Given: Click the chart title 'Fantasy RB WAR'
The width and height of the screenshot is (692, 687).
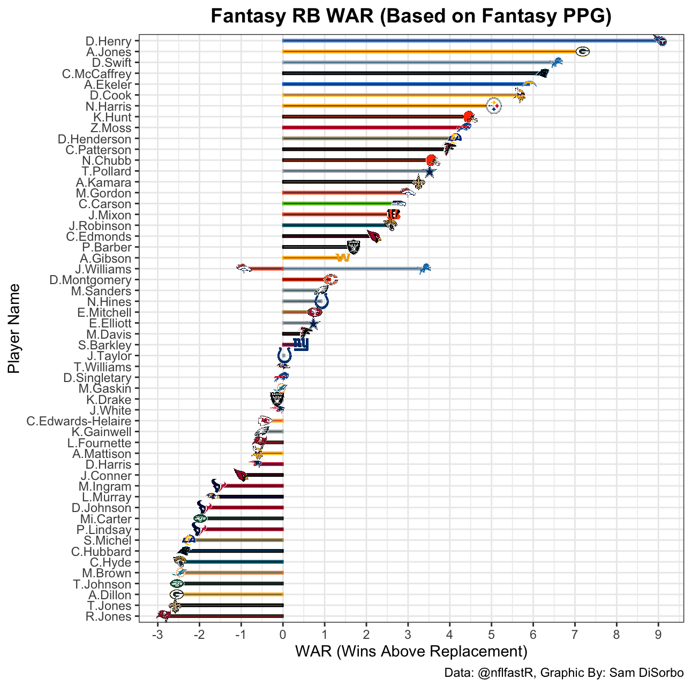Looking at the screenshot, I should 411,17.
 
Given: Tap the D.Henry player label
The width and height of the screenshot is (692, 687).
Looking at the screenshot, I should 108,41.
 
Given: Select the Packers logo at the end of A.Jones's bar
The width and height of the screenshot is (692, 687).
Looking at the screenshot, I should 582,52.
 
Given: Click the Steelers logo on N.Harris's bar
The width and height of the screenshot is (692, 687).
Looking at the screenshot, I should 493,106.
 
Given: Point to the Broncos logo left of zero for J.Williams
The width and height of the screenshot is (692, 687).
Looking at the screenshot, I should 244,269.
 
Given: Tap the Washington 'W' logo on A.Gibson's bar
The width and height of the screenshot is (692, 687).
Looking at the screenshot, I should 343,258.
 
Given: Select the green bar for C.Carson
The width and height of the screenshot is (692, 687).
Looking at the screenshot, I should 337,204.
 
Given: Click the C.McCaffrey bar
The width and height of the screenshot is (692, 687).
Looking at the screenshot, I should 407,73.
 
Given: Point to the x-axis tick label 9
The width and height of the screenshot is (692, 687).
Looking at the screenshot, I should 658,635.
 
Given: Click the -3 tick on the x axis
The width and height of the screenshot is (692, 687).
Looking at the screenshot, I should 157,635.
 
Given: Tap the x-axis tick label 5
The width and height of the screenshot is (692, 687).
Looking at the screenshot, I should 491,635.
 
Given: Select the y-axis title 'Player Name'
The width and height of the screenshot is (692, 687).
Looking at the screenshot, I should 14,329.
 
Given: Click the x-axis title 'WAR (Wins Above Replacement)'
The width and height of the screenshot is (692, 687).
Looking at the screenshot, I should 411,652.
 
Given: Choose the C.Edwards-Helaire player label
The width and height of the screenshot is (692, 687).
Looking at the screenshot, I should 79,421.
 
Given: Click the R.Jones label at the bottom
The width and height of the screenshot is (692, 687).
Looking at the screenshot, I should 108,616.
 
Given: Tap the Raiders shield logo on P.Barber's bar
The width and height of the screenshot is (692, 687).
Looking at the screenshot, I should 353,247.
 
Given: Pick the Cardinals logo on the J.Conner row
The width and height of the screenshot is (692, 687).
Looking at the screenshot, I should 241,475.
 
